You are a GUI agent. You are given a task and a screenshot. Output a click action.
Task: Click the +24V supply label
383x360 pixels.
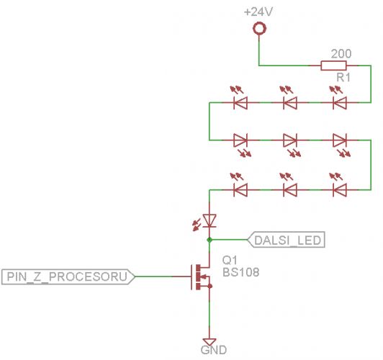click(x=258, y=12)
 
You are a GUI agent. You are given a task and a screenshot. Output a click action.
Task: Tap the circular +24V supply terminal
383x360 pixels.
click(x=259, y=29)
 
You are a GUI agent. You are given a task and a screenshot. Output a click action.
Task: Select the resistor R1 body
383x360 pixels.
click(x=333, y=66)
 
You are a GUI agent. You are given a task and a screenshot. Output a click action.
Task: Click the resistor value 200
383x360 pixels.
click(x=341, y=53)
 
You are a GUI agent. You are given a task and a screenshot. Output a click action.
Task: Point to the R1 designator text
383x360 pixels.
click(x=343, y=78)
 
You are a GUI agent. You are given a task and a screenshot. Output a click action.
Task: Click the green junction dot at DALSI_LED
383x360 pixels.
click(x=209, y=240)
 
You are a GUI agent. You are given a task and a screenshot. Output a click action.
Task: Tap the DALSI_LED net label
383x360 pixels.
click(x=287, y=240)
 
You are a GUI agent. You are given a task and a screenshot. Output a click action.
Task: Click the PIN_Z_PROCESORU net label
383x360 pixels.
click(x=68, y=276)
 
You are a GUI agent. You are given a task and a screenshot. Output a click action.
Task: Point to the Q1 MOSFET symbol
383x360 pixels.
click(x=201, y=276)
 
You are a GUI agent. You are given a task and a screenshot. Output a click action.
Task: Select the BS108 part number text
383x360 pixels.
click(x=240, y=272)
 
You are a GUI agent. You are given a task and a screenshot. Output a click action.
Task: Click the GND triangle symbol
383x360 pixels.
click(x=209, y=342)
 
